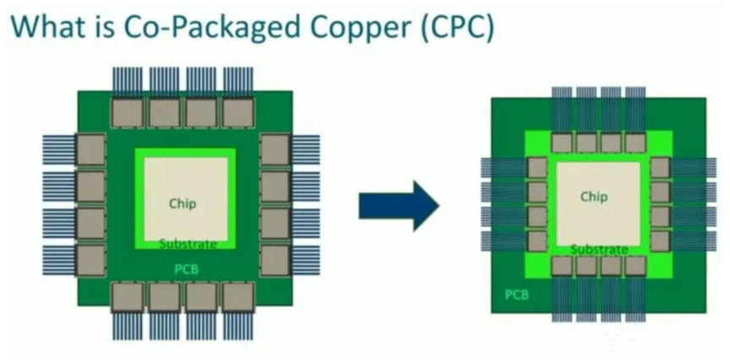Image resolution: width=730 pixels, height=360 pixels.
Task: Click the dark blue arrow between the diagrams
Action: (399, 206)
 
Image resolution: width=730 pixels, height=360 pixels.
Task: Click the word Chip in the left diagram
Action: (182, 204)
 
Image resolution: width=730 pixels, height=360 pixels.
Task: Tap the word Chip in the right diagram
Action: (594, 197)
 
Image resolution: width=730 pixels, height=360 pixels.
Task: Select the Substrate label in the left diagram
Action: (188, 243)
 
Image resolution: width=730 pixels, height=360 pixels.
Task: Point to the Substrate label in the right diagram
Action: (599, 249)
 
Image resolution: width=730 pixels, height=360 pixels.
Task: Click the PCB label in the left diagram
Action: (186, 270)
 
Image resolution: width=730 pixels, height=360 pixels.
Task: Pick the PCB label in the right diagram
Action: (517, 295)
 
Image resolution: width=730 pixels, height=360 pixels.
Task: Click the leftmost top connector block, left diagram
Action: (127, 112)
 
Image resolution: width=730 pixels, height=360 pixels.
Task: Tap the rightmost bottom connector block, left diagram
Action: (238, 297)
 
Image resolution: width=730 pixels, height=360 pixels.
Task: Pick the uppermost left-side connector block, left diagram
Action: (90, 150)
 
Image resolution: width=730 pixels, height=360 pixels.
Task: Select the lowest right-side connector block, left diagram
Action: (275, 260)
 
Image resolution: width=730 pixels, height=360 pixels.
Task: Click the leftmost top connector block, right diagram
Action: (562, 143)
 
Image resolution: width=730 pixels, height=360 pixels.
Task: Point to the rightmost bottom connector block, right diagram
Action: (635, 266)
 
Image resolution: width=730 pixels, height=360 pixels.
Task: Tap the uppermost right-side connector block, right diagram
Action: (660, 167)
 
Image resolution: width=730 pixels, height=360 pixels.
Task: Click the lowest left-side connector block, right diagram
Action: (537, 241)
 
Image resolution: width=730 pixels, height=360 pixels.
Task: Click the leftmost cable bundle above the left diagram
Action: (127, 83)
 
